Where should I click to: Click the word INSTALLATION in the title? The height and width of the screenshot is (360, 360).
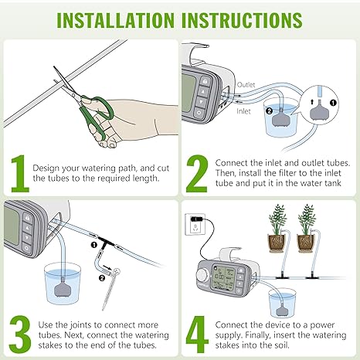tap(115, 20)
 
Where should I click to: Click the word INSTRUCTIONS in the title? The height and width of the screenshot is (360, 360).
tap(242, 20)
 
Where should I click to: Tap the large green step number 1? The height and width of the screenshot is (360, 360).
tap(20, 174)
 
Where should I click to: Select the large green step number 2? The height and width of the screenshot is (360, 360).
tap(197, 174)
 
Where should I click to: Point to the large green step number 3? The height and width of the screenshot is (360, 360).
tap(20, 335)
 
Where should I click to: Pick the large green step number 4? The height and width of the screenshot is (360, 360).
tap(197, 335)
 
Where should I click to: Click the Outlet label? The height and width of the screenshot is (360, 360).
tap(246, 85)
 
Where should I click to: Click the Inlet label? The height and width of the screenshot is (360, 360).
tap(243, 111)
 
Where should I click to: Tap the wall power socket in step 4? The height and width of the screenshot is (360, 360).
tap(195, 224)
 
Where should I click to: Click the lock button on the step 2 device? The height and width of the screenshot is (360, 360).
tap(205, 82)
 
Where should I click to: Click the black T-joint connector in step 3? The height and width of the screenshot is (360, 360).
tap(105, 242)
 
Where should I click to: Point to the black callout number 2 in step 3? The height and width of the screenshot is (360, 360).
tap(102, 278)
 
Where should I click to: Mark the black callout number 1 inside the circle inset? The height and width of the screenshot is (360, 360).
tap(333, 103)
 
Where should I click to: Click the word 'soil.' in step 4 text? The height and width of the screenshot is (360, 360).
tap(280, 345)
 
